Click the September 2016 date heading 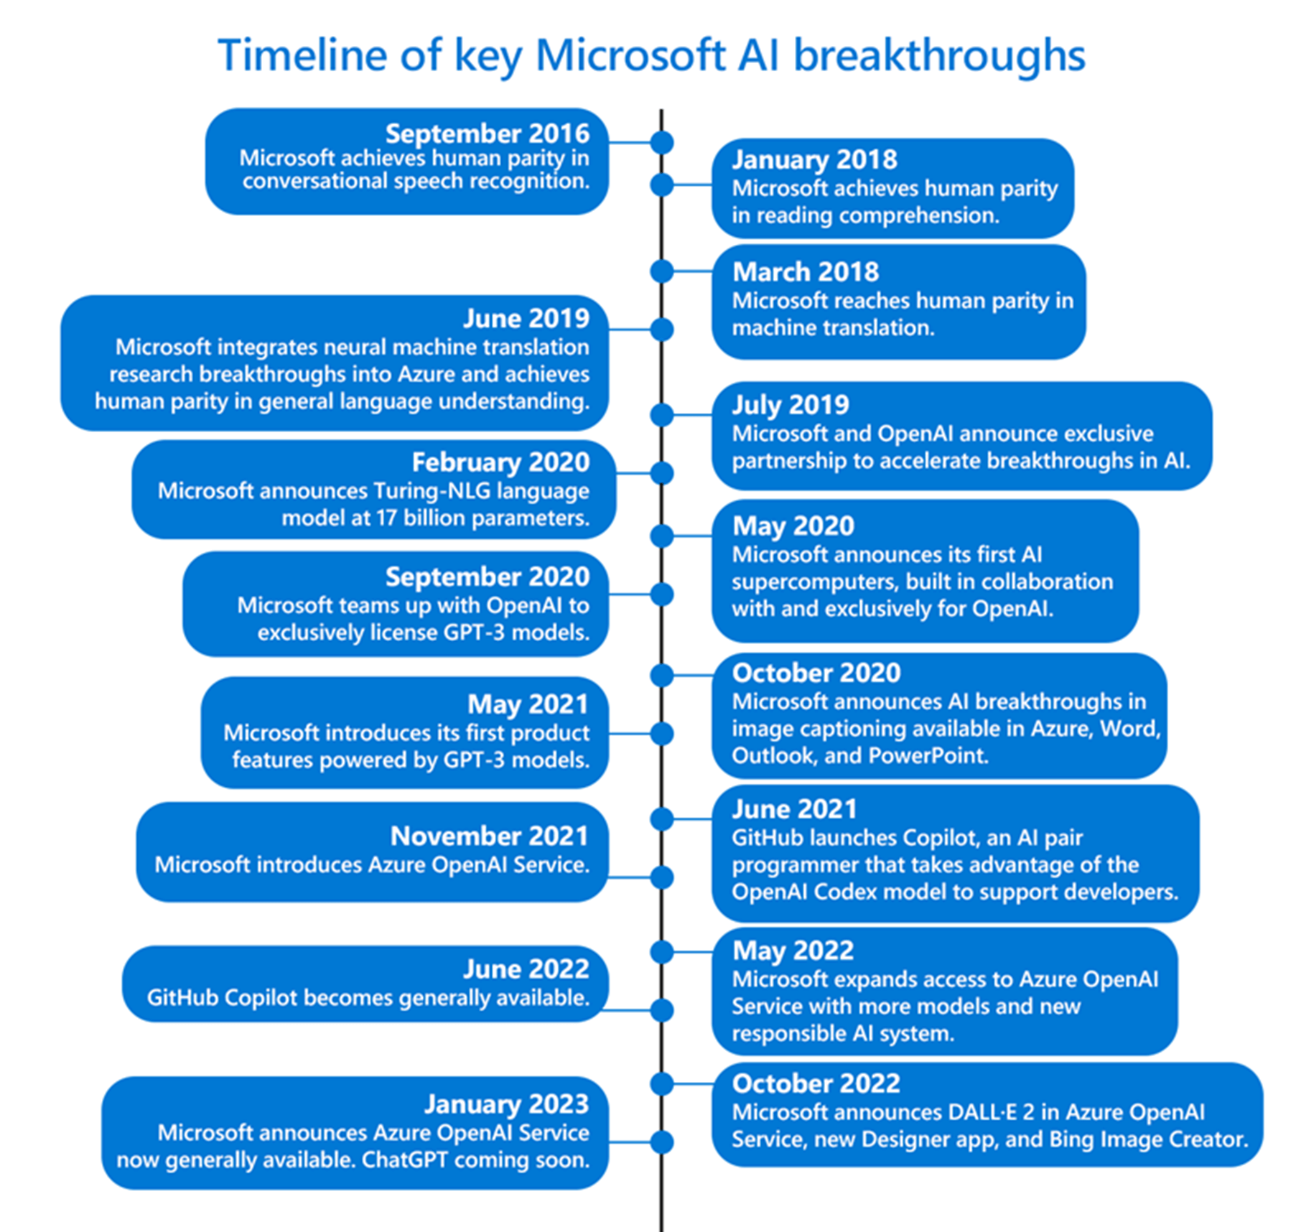pos(487,134)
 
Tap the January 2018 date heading pos(814,159)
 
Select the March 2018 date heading pos(805,272)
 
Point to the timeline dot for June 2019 pos(661,330)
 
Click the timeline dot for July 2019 pos(661,414)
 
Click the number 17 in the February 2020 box pos(386,518)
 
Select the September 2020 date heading pos(487,577)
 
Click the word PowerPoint pos(928,756)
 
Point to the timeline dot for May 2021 pos(661,734)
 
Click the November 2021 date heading pos(489,836)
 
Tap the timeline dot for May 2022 pos(661,952)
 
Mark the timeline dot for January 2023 pos(661,1142)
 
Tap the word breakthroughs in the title pos(939,55)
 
